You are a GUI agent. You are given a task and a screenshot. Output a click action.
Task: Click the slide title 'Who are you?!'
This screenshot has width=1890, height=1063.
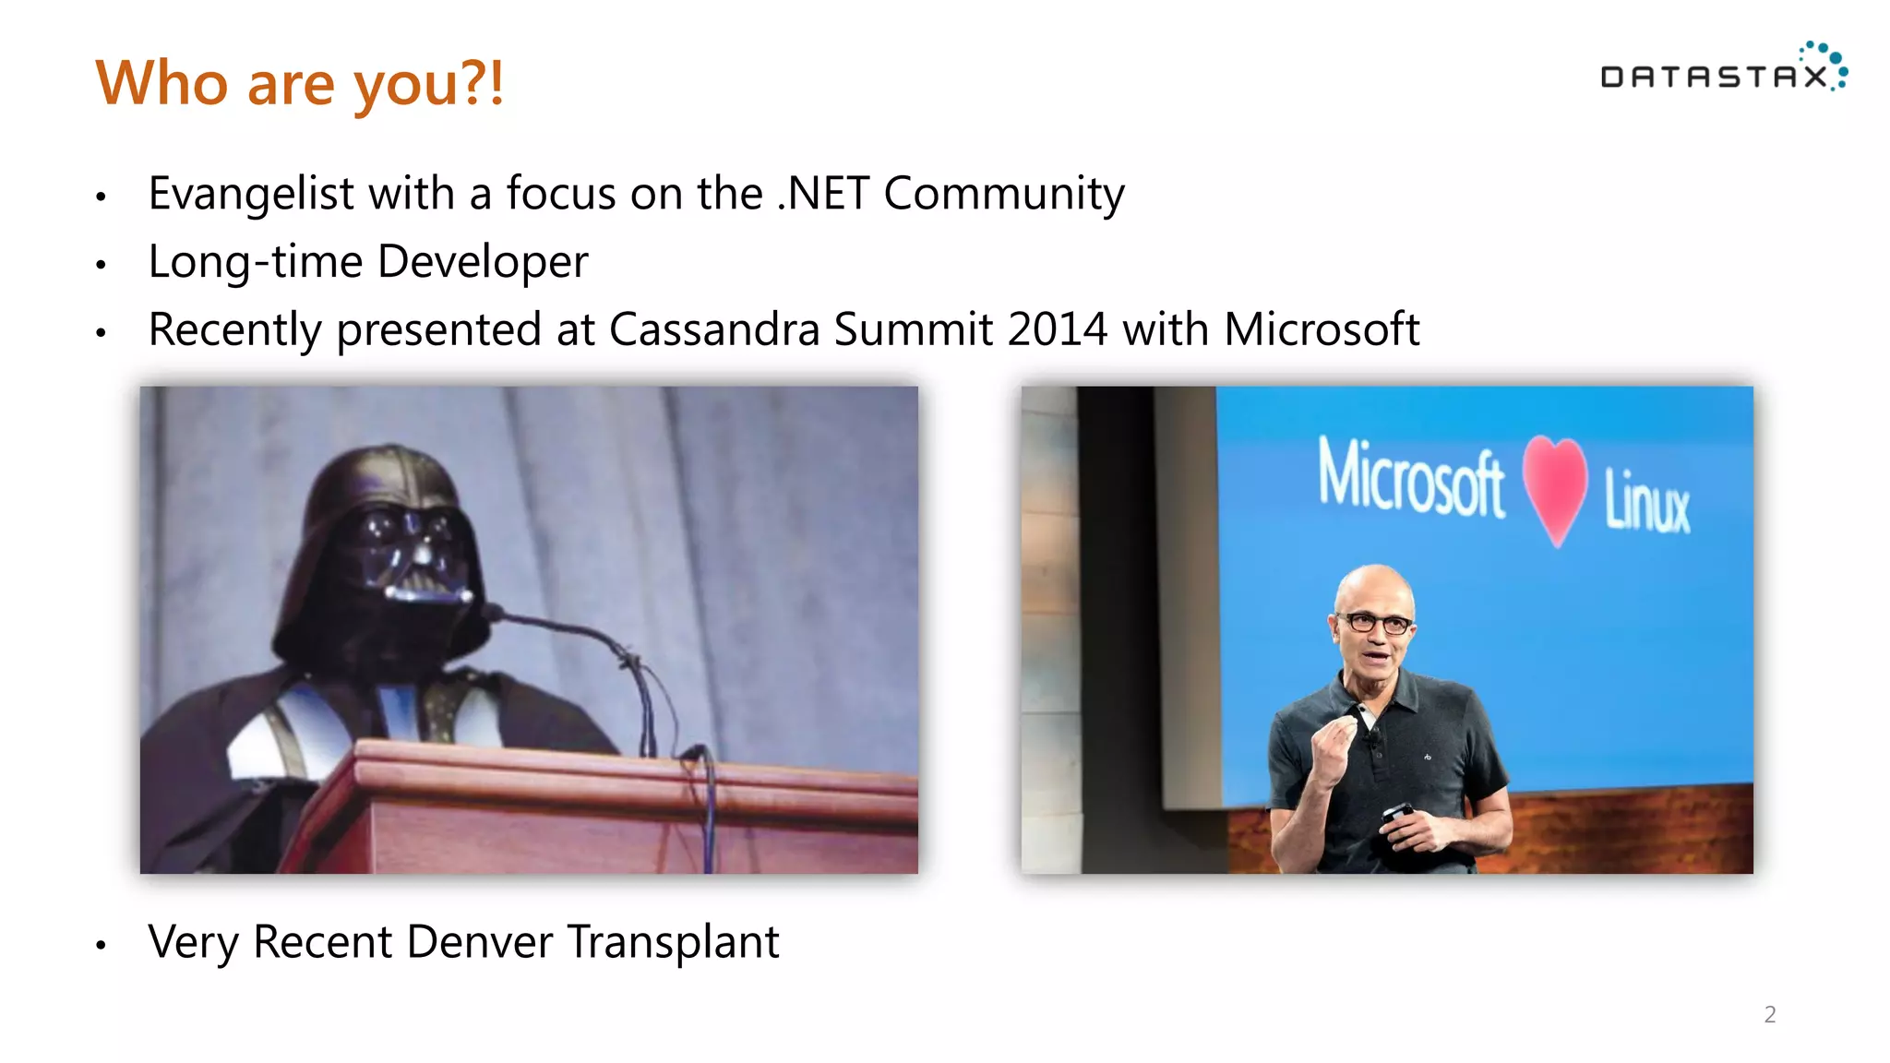pyautogui.click(x=300, y=83)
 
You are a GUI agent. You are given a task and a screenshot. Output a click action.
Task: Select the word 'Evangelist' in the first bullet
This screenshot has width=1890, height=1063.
pyautogui.click(x=251, y=195)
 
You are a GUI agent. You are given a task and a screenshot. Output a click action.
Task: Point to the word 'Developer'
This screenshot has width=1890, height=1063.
pyautogui.click(x=483, y=262)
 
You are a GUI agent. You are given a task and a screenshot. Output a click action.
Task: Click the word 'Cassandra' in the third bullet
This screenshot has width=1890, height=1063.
pyautogui.click(x=714, y=329)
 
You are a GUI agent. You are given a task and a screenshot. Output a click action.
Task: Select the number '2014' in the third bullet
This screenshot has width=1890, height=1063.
pyautogui.click(x=1058, y=329)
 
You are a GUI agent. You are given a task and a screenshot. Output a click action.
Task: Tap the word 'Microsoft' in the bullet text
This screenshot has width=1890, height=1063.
pyautogui.click(x=1322, y=329)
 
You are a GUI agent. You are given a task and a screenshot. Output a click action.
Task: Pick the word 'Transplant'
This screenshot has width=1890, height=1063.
pyautogui.click(x=674, y=943)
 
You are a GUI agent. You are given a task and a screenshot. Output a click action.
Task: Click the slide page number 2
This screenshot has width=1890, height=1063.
pyautogui.click(x=1769, y=1015)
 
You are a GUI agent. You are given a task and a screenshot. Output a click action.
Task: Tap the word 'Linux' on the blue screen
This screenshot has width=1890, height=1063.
pyautogui.click(x=1647, y=501)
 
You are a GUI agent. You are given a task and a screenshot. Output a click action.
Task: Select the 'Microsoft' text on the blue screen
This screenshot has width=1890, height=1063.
pyautogui.click(x=1410, y=478)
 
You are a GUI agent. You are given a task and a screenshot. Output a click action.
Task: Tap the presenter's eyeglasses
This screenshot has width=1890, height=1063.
pyautogui.click(x=1375, y=623)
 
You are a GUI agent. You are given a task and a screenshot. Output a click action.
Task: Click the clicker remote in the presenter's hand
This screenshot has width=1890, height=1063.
pyautogui.click(x=1395, y=813)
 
